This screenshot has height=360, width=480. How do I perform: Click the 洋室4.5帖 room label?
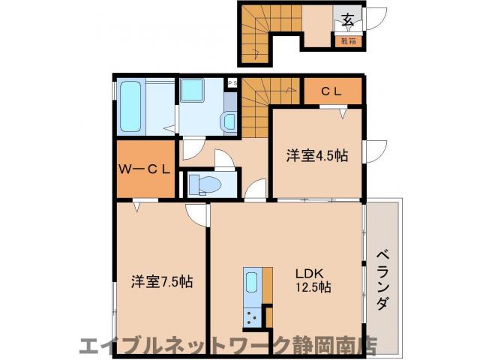coord(316,156)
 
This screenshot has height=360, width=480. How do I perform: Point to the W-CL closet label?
coord(145,169)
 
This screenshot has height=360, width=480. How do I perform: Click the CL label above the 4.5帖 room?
coord(331,91)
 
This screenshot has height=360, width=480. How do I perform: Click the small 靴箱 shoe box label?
coord(347,41)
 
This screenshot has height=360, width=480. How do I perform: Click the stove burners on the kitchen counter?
coord(250,315)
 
